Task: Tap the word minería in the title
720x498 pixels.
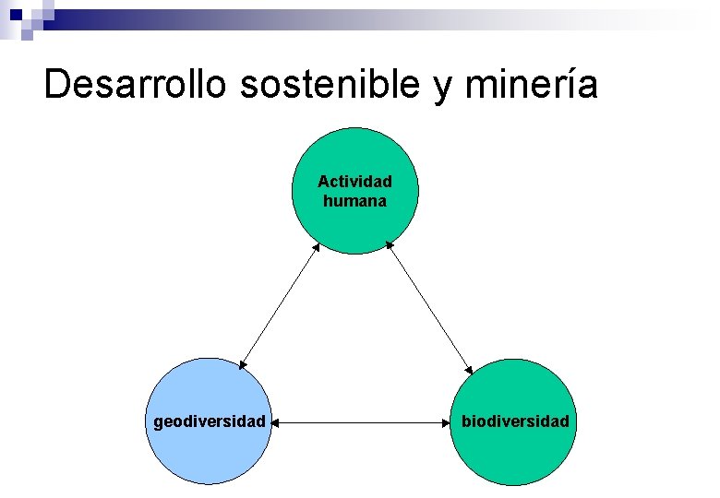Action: click(533, 84)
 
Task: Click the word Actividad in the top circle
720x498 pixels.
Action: click(354, 182)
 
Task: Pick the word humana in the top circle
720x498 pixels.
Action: click(354, 200)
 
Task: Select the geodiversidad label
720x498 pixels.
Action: click(210, 421)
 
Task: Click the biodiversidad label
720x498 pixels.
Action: click(515, 421)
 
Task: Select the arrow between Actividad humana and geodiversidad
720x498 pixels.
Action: click(280, 304)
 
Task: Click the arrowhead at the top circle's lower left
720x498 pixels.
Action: click(317, 245)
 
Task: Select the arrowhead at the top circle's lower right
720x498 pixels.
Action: click(390, 245)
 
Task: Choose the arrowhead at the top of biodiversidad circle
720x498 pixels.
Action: click(467, 368)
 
